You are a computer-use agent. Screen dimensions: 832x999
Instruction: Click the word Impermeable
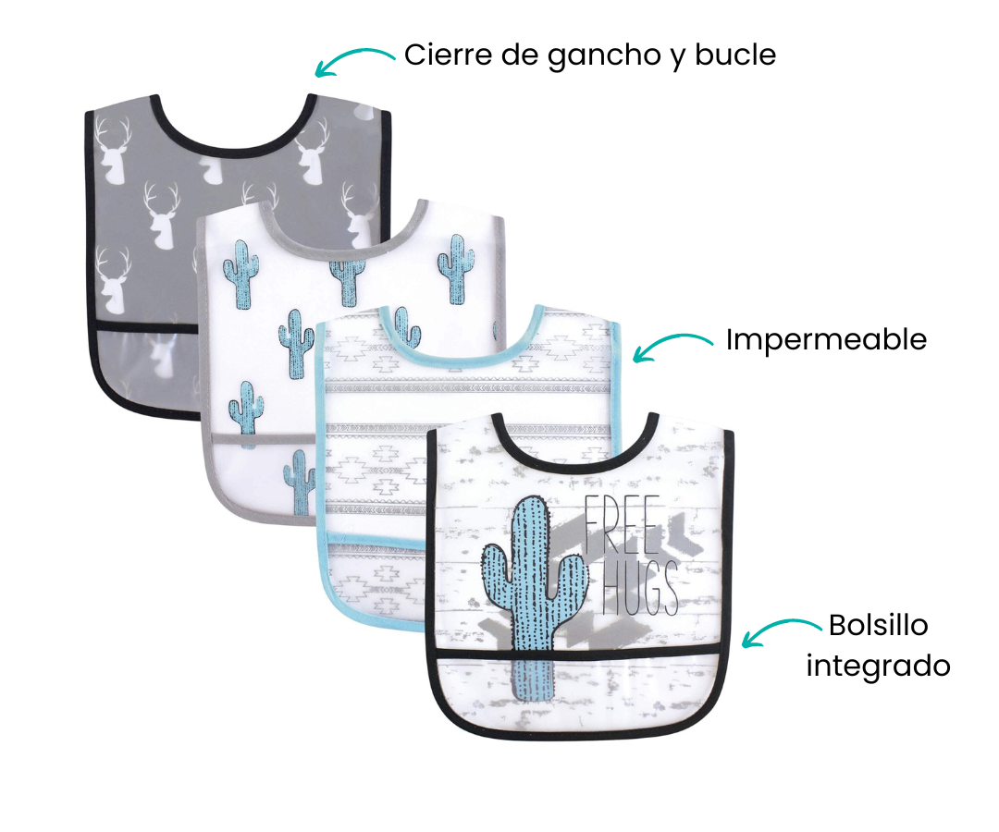[825, 340]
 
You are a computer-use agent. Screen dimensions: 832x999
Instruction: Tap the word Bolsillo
[878, 625]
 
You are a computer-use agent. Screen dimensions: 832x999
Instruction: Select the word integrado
[878, 666]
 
